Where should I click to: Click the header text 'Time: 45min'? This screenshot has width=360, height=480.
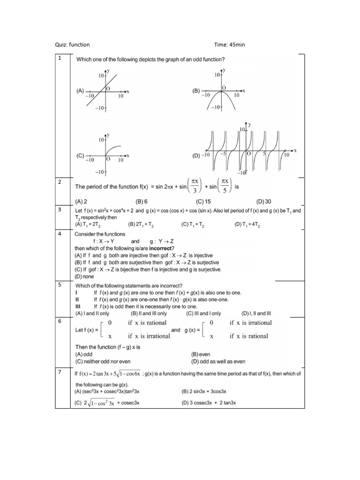230,45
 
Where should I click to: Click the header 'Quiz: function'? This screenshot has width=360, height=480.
73,45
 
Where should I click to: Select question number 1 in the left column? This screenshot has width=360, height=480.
60,58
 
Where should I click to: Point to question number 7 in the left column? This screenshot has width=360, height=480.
60,372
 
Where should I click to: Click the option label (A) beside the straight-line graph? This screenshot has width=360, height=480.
80,92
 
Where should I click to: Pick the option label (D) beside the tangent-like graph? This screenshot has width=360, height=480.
196,155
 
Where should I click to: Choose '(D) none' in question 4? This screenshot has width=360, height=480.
84,277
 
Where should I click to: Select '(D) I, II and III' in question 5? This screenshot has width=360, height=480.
256,313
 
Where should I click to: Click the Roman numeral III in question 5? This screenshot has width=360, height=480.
78,306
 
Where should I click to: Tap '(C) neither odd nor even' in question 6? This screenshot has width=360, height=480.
103,361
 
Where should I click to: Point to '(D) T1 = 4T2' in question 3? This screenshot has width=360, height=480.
247,225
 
